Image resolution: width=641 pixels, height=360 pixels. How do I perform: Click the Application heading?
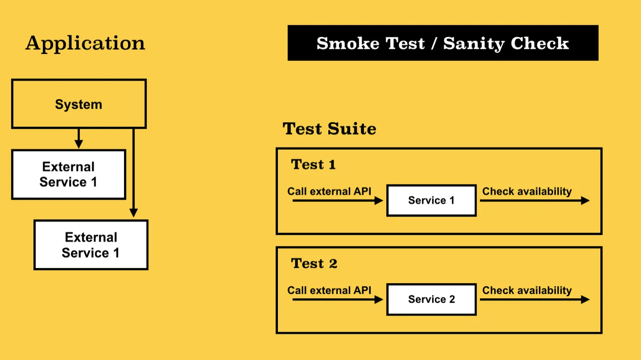(x=85, y=44)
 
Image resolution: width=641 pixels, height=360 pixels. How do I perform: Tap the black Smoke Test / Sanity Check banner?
(x=443, y=43)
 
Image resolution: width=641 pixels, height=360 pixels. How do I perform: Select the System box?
(x=79, y=104)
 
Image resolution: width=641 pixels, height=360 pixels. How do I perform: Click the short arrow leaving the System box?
(x=79, y=138)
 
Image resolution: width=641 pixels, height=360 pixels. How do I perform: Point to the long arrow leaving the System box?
(x=134, y=173)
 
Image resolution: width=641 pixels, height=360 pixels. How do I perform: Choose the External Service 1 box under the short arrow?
(x=69, y=175)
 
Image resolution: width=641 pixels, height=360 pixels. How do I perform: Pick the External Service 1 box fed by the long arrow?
(x=91, y=245)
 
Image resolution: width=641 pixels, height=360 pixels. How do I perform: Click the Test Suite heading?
(x=329, y=129)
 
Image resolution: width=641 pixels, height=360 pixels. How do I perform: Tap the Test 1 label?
(x=313, y=164)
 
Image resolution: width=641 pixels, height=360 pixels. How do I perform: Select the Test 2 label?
(x=314, y=263)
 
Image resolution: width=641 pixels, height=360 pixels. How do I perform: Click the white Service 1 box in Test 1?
(x=431, y=200)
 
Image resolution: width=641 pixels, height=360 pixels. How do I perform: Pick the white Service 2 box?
(x=431, y=300)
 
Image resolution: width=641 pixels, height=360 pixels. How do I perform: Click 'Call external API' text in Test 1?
(x=329, y=191)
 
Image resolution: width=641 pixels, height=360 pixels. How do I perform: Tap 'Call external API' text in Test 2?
(x=329, y=290)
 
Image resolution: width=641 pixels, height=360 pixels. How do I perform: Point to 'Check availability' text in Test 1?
(x=527, y=191)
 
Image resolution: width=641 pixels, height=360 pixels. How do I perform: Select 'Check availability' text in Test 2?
(x=527, y=290)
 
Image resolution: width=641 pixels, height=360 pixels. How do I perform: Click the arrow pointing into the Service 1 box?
(x=338, y=201)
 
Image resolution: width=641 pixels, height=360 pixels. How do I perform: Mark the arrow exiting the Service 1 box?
(x=535, y=201)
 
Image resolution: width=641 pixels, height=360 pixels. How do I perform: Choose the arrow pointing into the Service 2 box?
(x=338, y=300)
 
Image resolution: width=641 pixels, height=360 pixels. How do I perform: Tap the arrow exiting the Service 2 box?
(x=535, y=300)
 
